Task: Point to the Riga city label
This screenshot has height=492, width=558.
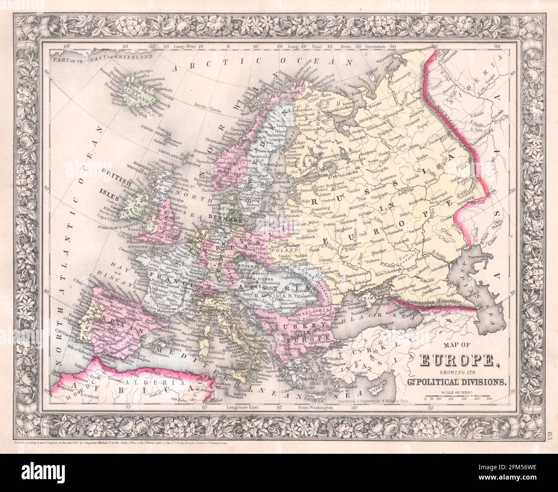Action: (x=296, y=199)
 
